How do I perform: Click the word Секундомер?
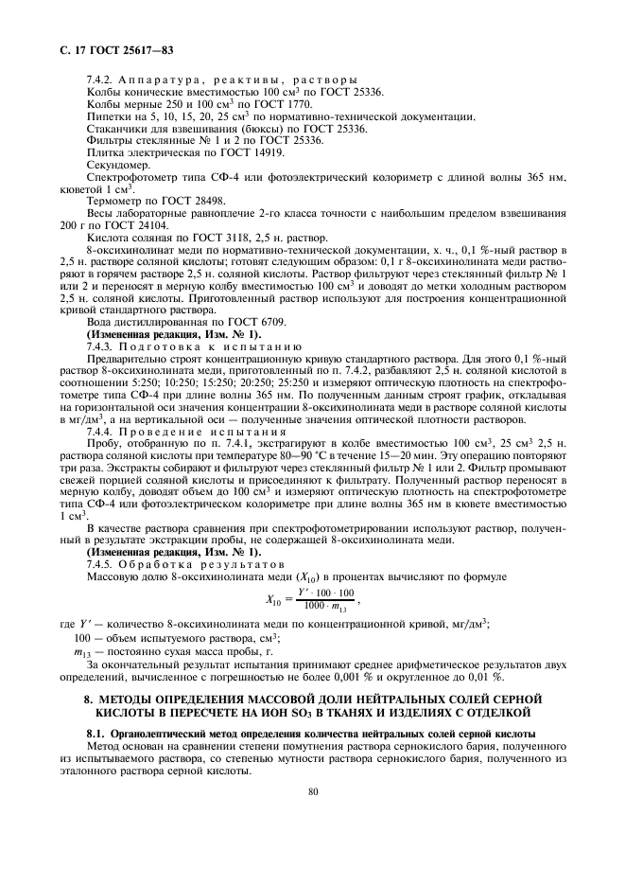[x=118, y=165]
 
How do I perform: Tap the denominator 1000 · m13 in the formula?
[x=325, y=606]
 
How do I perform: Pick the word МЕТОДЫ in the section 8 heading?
[x=130, y=700]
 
